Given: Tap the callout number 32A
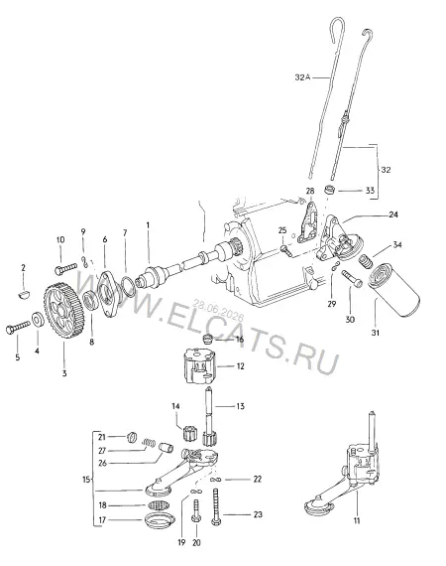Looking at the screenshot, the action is (x=302, y=77).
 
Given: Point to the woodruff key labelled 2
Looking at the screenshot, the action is (x=24, y=295).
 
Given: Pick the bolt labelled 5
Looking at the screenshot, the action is (x=18, y=327).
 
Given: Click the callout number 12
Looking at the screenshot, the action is (x=240, y=366).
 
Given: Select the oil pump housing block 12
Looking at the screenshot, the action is (x=200, y=366).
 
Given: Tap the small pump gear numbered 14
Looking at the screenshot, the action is (x=189, y=433).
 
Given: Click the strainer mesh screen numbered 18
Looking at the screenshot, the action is (x=158, y=505).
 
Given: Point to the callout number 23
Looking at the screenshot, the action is (x=258, y=514).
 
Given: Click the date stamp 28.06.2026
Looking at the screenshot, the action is (x=218, y=310).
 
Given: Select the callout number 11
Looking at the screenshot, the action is (x=357, y=520).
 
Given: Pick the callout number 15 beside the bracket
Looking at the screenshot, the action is (x=86, y=480).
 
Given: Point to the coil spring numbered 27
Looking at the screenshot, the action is (x=149, y=443).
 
